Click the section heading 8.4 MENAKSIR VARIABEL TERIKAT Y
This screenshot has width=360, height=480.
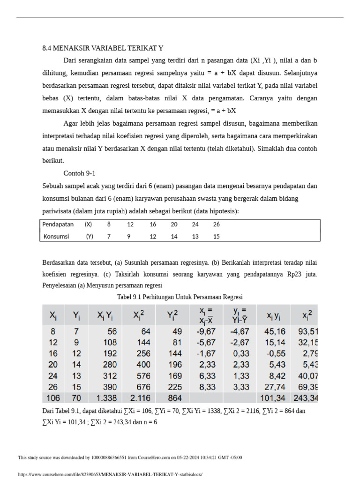[103, 48]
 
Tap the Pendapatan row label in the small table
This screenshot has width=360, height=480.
[58, 225]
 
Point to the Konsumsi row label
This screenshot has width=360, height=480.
[56, 236]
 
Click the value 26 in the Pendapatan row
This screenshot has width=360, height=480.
[216, 225]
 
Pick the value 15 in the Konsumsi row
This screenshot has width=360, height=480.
[216, 236]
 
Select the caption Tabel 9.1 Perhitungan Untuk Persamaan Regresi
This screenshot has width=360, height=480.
[180, 297]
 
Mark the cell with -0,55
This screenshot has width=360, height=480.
[272, 353]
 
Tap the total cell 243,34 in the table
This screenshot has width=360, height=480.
[305, 398]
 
